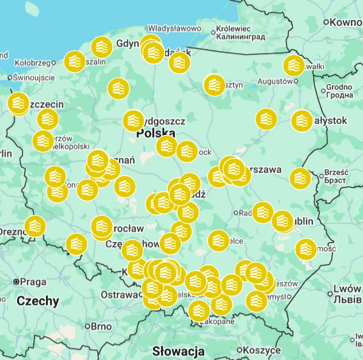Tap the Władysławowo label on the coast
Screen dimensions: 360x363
[174, 28]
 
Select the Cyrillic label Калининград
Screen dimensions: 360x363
[240, 37]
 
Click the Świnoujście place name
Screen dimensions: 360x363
[35, 77]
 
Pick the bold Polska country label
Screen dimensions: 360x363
[155, 134]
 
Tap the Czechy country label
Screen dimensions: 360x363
[37, 301]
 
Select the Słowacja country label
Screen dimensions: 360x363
[178, 351]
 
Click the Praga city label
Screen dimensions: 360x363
[33, 282]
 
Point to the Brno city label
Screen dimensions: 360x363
[101, 326]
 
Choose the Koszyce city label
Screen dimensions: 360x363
[261, 350]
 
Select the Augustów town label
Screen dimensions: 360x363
[275, 81]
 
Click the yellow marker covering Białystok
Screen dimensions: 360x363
[302, 120]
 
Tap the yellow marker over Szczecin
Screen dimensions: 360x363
[18, 103]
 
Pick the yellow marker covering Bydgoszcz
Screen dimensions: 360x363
[133, 120]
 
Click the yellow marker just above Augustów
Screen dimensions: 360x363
[294, 66]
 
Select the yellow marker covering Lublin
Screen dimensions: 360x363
[282, 221]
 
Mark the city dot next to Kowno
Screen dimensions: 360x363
[326, 22]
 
